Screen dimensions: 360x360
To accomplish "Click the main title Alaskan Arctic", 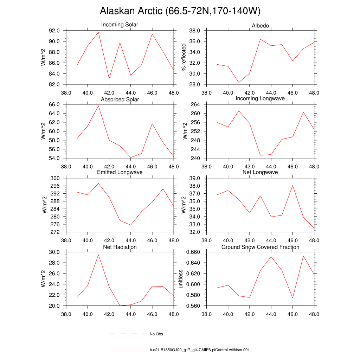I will pyautogui.click(x=180, y=11).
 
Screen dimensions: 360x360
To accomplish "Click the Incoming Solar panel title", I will pyautogui.click(x=120, y=25).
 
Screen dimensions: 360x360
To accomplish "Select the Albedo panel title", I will pyautogui.click(x=260, y=26).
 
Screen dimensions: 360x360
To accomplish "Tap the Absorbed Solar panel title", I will pyautogui.click(x=120, y=99).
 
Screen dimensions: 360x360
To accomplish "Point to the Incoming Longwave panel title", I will pyautogui.click(x=260, y=98).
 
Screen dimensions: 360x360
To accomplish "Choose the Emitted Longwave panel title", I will pyautogui.click(x=120, y=172).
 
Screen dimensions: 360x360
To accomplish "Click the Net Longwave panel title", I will pyautogui.click(x=260, y=172).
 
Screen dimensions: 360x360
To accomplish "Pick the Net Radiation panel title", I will pyautogui.click(x=120, y=247).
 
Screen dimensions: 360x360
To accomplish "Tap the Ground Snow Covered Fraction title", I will pyautogui.click(x=260, y=247).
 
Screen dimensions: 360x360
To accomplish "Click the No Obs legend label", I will pyautogui.click(x=156, y=334).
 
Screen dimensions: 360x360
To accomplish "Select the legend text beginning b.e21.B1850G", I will pyautogui.click(x=199, y=350).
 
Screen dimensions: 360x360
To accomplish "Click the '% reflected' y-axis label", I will pyautogui.click(x=183, y=57).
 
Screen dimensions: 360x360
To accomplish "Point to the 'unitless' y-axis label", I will pyautogui.click(x=181, y=279).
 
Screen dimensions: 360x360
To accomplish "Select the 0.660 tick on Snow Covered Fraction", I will pyautogui.click(x=193, y=252).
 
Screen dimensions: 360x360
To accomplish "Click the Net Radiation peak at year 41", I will pyautogui.click(x=98, y=255).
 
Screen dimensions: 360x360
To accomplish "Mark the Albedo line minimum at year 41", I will pyautogui.click(x=239, y=83).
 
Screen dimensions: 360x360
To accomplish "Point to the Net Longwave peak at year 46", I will pyautogui.click(x=292, y=185).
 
